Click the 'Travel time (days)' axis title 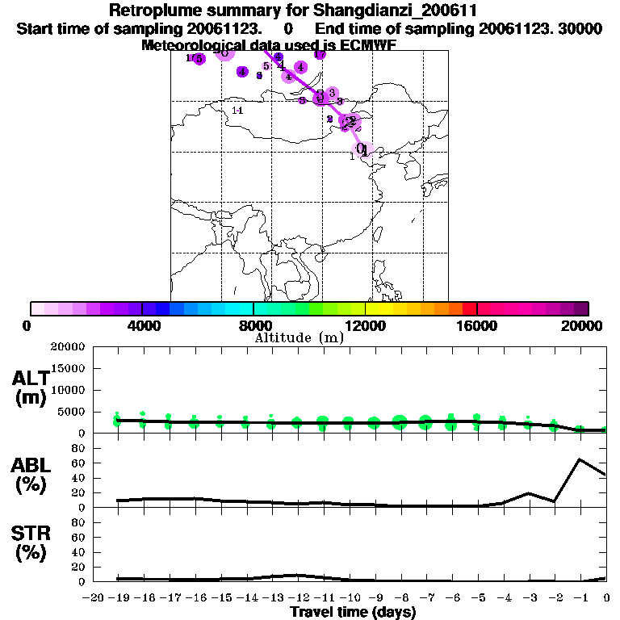(353, 613)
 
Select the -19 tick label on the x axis (117, 597)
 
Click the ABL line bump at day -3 (529, 493)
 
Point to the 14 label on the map (237, 110)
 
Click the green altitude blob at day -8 (400, 421)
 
